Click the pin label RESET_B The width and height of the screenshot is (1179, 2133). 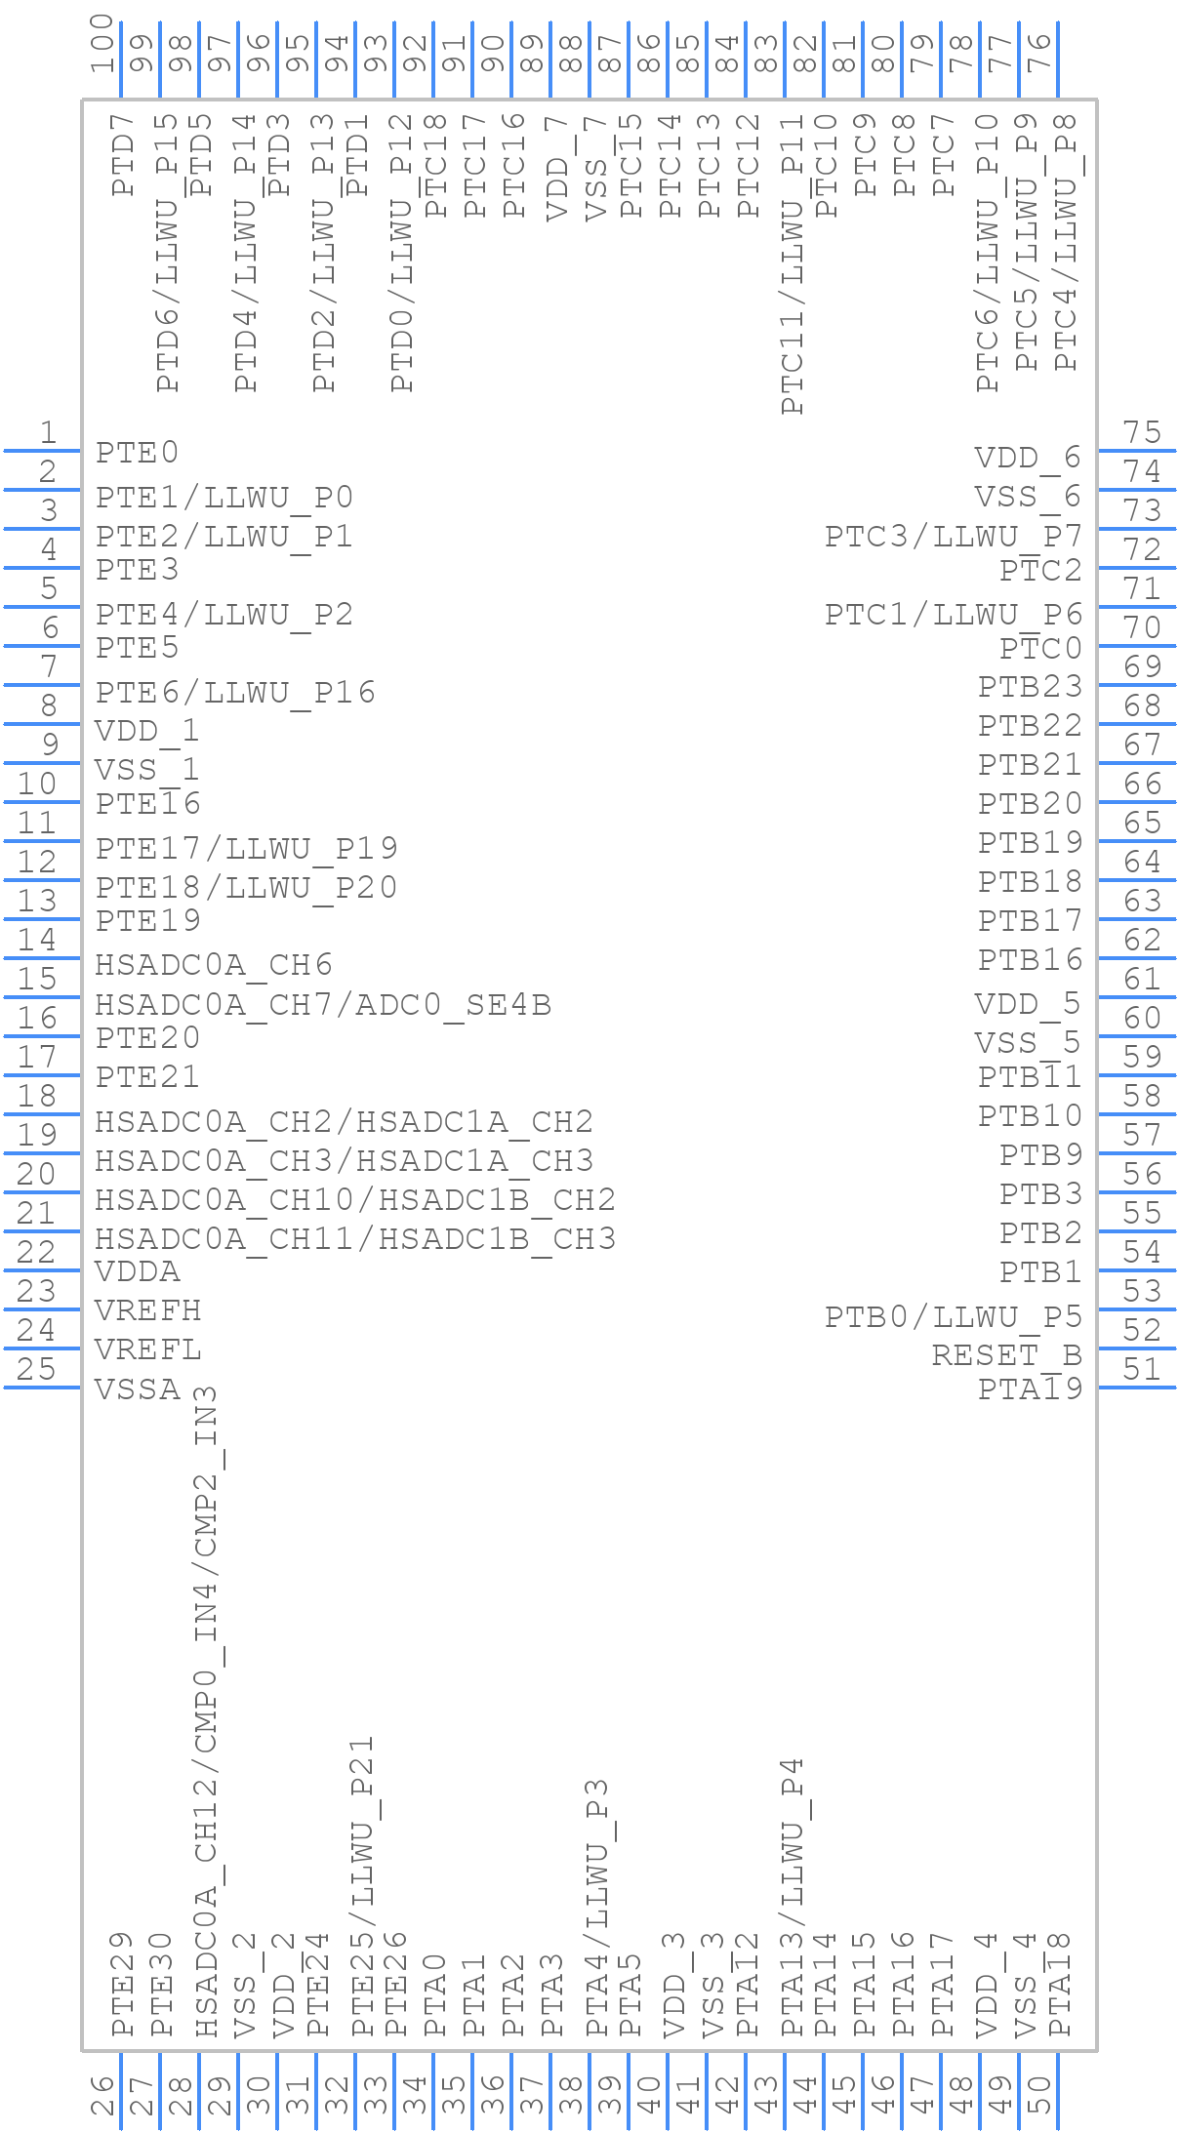pyautogui.click(x=1006, y=1354)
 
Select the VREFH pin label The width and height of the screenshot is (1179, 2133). pyautogui.click(x=147, y=1310)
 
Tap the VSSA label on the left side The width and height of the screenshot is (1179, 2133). pyautogui.click(x=138, y=1388)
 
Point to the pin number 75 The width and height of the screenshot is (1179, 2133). pyautogui.click(x=1141, y=432)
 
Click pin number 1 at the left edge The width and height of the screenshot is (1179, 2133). pyautogui.click(x=47, y=432)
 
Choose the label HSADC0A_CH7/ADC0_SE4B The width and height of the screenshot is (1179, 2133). pyautogui.click(x=323, y=1004)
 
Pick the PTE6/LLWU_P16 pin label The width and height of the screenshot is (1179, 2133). pyautogui.click(x=235, y=692)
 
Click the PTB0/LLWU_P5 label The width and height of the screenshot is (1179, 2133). pyautogui.click(x=954, y=1316)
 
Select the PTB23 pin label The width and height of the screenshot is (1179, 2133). pyautogui.click(x=1031, y=687)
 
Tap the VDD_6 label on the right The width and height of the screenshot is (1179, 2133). pyautogui.click(x=1028, y=458)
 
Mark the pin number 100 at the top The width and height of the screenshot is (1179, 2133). pyautogui.click(x=102, y=44)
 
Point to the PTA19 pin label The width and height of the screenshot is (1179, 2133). pyautogui.click(x=1031, y=1388)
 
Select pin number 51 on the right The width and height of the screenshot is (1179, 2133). pyautogui.click(x=1141, y=1369)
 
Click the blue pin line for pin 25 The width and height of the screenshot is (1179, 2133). pyautogui.click(x=42, y=1387)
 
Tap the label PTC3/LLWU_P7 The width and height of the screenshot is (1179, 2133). pyautogui.click(x=954, y=536)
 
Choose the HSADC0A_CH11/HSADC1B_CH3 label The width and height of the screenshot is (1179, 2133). pyautogui.click(x=355, y=1238)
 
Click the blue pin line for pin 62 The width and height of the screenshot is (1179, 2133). pyautogui.click(x=1136, y=957)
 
